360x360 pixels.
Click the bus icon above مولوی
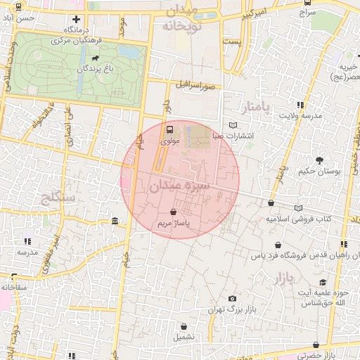[x=169, y=129]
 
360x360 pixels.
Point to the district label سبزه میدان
[x=179, y=186]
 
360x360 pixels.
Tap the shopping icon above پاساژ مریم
[x=173, y=211]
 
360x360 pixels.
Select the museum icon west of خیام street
[x=115, y=222]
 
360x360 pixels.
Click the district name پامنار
[x=255, y=108]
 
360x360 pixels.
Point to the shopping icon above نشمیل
[x=184, y=326]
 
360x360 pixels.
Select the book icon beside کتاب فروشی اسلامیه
[x=298, y=208]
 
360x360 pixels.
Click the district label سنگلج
[x=59, y=198]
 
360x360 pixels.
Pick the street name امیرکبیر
[x=257, y=15]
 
